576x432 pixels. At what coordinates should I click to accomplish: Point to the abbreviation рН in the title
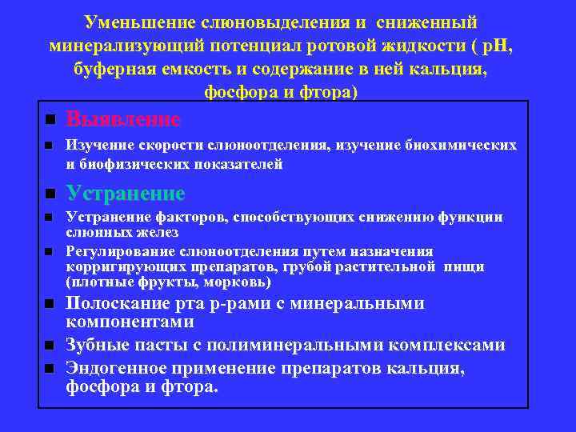[490, 46]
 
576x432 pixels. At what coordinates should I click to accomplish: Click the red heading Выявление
[123, 120]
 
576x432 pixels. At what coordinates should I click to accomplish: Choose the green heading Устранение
[126, 194]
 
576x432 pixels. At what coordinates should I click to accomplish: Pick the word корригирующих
[118, 266]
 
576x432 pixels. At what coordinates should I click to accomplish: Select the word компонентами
[130, 322]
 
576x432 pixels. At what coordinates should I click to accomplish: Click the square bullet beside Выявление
[49, 120]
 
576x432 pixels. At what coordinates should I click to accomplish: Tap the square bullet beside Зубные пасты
[49, 346]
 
